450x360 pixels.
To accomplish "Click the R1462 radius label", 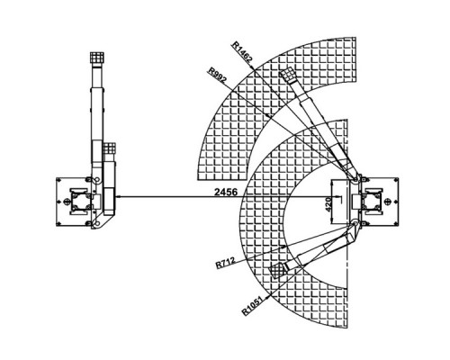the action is click(x=242, y=51).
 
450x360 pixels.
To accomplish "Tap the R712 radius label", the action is click(x=225, y=263).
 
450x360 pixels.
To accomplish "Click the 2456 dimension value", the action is click(x=226, y=192).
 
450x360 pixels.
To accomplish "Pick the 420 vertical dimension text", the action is click(x=328, y=204).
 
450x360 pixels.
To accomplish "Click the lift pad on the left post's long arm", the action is click(x=97, y=58).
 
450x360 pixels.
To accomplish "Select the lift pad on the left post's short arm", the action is click(x=110, y=148).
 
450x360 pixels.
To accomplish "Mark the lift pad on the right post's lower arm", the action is click(x=277, y=271).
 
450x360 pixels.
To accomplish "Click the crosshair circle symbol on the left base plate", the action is click(x=66, y=202).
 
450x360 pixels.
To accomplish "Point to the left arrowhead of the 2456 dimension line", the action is click(x=118, y=197).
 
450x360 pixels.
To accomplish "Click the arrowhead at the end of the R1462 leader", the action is click(x=253, y=67).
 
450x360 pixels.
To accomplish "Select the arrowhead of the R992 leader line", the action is click(x=269, y=115).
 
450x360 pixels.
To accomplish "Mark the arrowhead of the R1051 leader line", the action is click(x=269, y=295).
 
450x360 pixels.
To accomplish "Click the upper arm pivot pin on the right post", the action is click(x=355, y=180).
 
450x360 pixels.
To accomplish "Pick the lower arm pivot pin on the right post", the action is click(x=355, y=223).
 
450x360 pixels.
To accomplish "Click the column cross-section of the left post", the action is click(x=78, y=202).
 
